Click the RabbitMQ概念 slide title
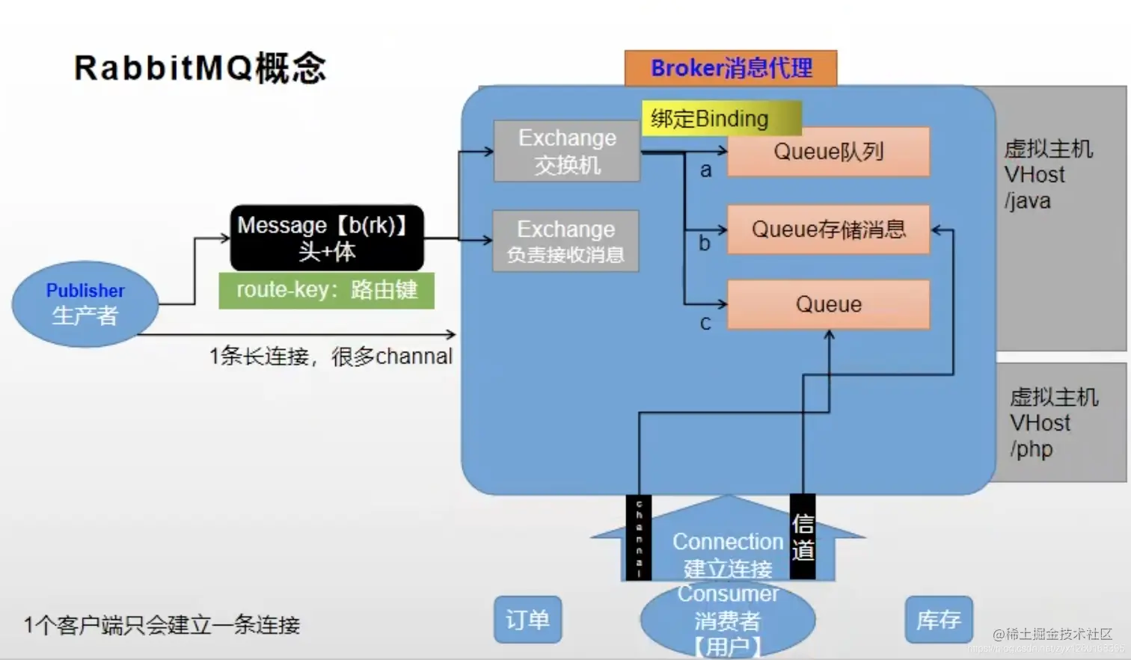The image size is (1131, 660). click(x=200, y=68)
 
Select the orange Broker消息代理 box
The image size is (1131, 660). click(x=731, y=68)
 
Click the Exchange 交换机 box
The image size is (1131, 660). click(x=567, y=151)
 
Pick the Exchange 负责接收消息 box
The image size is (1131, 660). click(x=565, y=241)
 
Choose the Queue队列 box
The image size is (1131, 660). click(x=828, y=152)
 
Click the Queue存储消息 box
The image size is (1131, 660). click(x=828, y=229)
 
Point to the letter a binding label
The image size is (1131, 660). click(x=705, y=170)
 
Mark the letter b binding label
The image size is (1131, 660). click(x=704, y=243)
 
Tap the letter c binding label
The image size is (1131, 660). click(x=705, y=323)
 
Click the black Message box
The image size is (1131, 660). click(x=327, y=238)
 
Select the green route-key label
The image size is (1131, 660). click(x=326, y=290)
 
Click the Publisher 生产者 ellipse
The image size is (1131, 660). click(x=85, y=303)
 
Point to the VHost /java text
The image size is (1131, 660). click(x=1047, y=175)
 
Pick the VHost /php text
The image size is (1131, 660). click(x=1052, y=423)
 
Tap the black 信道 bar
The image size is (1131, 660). click(x=803, y=537)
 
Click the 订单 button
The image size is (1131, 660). click(x=527, y=620)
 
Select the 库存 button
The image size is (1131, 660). click(x=938, y=620)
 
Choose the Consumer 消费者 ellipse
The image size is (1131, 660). click(x=728, y=620)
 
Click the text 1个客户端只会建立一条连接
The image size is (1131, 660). click(x=162, y=625)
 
